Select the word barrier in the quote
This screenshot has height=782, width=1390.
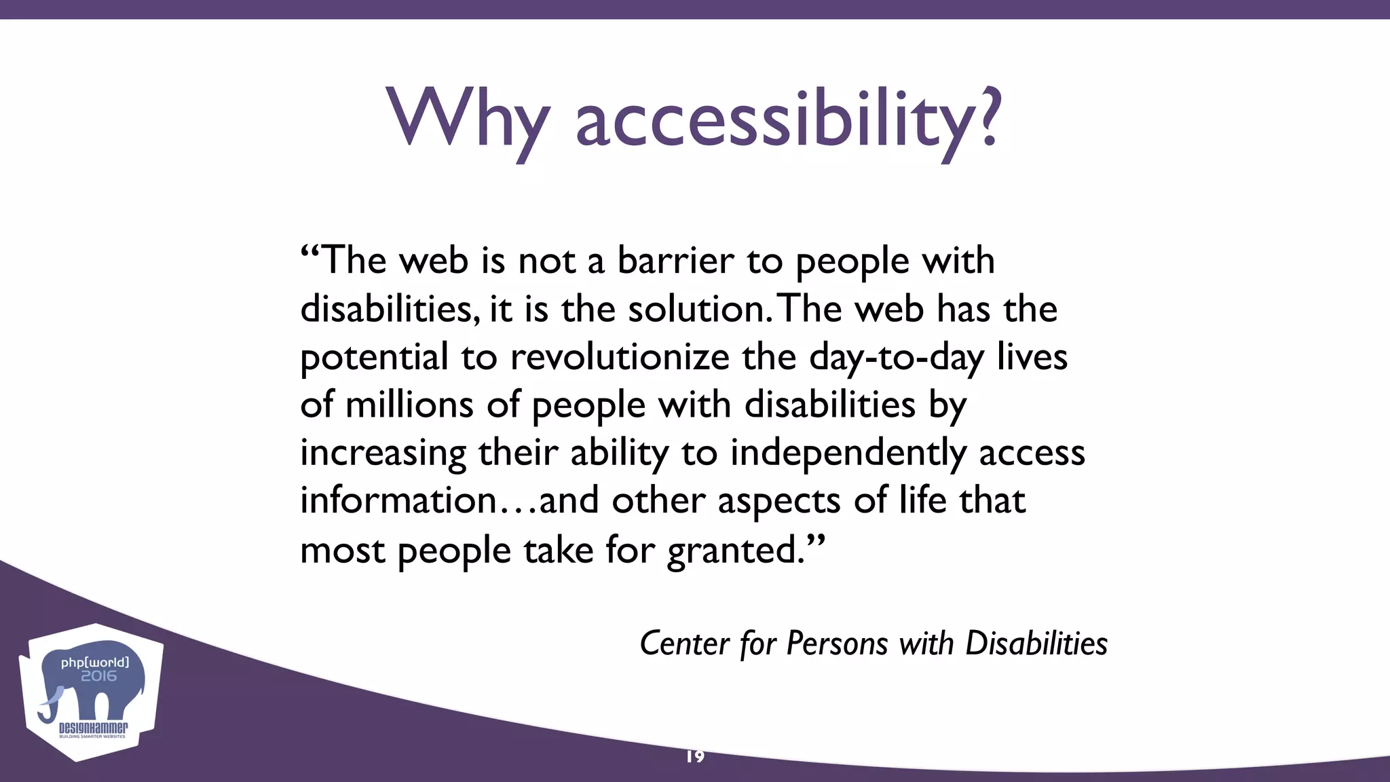click(675, 261)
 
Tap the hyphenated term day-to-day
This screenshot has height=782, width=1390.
click(896, 358)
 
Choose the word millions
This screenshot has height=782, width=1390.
click(409, 405)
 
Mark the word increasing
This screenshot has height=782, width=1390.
click(383, 453)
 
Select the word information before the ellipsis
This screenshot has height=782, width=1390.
click(399, 501)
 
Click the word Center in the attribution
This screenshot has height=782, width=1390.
click(684, 644)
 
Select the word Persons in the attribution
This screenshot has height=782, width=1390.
click(837, 644)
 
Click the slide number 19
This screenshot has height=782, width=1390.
click(695, 756)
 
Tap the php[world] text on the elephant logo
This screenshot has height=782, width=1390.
click(94, 662)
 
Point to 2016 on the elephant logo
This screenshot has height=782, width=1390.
click(99, 676)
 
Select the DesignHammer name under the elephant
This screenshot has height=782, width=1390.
click(93, 728)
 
